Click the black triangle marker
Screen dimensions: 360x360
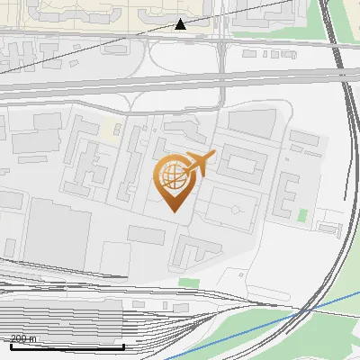click(x=180, y=24)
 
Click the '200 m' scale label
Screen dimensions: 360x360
click(x=23, y=338)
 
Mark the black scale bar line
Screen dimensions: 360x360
click(x=67, y=346)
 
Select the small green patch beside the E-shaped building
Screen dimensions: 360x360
click(x=302, y=216)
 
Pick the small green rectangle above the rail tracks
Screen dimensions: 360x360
click(x=188, y=283)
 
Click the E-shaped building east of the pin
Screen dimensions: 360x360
click(x=286, y=193)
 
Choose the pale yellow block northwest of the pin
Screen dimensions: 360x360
click(x=111, y=129)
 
